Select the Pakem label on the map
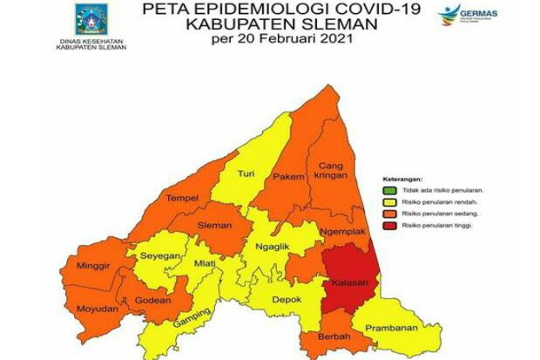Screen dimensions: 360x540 287,177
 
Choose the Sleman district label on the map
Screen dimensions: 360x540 214,226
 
